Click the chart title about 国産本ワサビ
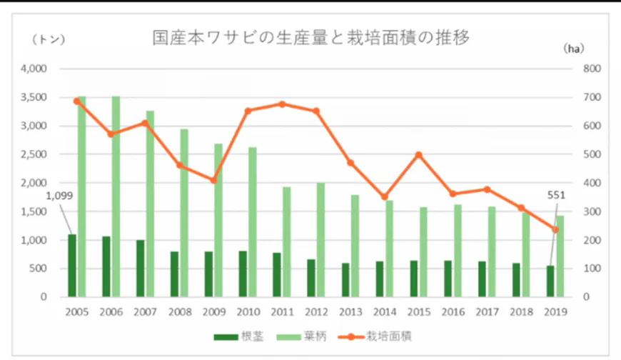[x=310, y=38]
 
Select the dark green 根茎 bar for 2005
[x=71, y=265]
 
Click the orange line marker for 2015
[x=418, y=155]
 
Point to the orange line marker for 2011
[x=282, y=104]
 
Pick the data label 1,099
[x=60, y=196]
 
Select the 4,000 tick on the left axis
[x=33, y=69]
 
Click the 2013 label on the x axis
[x=350, y=311]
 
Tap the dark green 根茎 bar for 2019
[x=550, y=281]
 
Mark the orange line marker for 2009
[x=213, y=180]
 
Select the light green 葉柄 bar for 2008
[x=184, y=213]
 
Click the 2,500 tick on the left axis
[x=33, y=154]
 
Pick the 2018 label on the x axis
[x=521, y=311]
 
